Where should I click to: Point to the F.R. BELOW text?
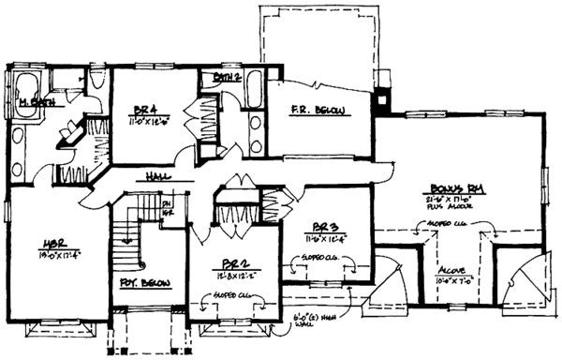click(x=319, y=112)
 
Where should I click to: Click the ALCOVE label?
click(x=455, y=265)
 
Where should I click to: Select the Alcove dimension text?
click(x=455, y=278)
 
